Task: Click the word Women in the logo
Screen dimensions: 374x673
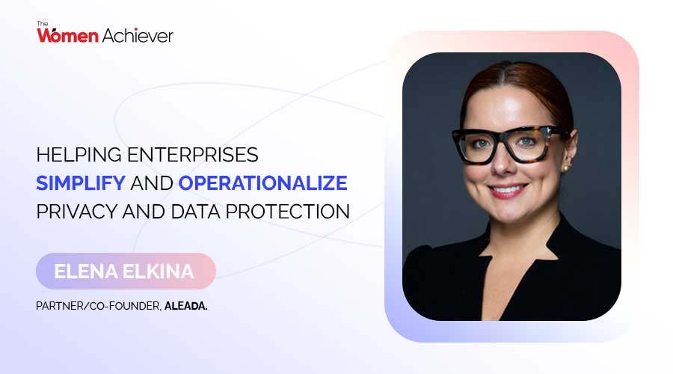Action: point(67,35)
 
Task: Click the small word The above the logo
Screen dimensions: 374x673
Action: point(43,23)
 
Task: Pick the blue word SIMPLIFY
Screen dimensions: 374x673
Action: point(83,183)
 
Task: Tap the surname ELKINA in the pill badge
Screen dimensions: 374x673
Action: point(157,271)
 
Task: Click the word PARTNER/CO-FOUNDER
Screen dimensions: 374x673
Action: point(97,306)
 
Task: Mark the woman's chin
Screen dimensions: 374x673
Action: point(508,213)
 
